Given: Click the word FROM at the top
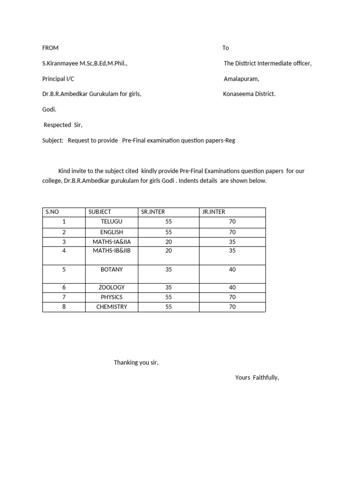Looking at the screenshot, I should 50,48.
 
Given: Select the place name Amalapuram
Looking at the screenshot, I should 241,79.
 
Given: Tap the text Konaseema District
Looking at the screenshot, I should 249,94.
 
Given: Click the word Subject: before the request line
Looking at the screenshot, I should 52,141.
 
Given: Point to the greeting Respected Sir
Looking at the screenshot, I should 63,125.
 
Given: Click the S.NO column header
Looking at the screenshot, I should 52,212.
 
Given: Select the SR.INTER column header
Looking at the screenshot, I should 153,212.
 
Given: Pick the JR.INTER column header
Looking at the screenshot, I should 213,212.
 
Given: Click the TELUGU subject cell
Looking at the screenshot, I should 112,222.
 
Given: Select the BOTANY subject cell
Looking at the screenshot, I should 112,270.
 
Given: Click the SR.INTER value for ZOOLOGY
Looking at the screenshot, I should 169,287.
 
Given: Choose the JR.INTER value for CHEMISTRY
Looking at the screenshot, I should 232,307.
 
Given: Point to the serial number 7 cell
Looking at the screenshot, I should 64,297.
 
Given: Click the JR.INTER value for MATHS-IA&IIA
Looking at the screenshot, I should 232,242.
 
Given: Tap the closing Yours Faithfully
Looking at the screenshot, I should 257,378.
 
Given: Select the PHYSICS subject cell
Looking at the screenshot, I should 112,297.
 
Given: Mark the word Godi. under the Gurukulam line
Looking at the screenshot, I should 49,109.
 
